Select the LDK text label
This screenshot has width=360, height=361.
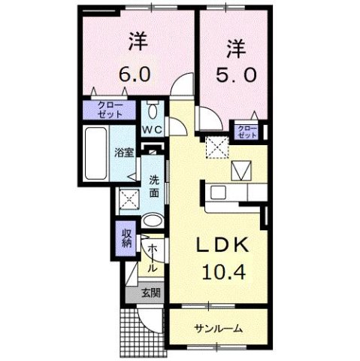pos(218,247)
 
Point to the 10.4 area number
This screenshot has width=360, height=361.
pos(219,272)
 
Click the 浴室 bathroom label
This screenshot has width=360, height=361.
pos(123,153)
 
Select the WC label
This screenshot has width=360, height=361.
pos(153,129)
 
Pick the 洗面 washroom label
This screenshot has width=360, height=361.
pos(153,186)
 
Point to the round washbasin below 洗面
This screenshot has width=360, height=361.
pos(152,222)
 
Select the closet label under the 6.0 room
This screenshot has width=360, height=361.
pos(110,111)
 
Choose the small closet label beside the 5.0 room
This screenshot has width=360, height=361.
pos(247,132)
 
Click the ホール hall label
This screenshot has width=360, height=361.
pos(153,258)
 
